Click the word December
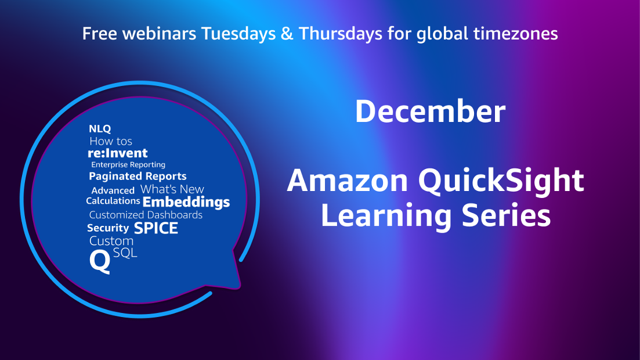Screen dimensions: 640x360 (x=430, y=111)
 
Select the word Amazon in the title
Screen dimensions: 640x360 (x=348, y=181)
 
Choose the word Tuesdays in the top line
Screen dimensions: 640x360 (x=238, y=34)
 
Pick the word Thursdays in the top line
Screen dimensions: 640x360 (x=341, y=34)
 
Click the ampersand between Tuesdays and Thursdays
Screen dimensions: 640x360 (x=287, y=34)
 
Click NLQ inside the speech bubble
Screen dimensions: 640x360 (x=100, y=129)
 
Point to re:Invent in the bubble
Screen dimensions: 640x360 (x=118, y=153)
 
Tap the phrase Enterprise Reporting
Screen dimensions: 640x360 (x=128, y=165)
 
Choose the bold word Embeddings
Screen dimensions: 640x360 (x=186, y=202)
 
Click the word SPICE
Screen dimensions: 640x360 (x=156, y=228)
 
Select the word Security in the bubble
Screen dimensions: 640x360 (x=108, y=228)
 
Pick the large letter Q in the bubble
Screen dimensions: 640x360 (x=100, y=261)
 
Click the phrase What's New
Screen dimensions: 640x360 (x=172, y=190)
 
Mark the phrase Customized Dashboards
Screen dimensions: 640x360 (x=146, y=215)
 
